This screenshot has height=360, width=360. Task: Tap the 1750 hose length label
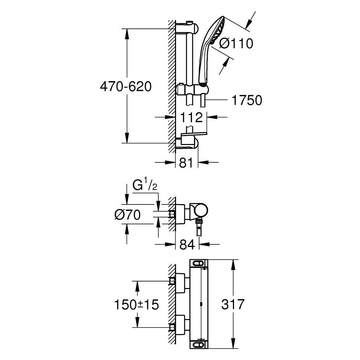(x=246, y=100)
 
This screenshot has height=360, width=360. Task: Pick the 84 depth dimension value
(x=186, y=244)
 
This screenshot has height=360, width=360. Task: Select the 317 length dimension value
(x=233, y=304)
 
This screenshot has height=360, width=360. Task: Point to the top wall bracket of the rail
(x=187, y=28)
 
